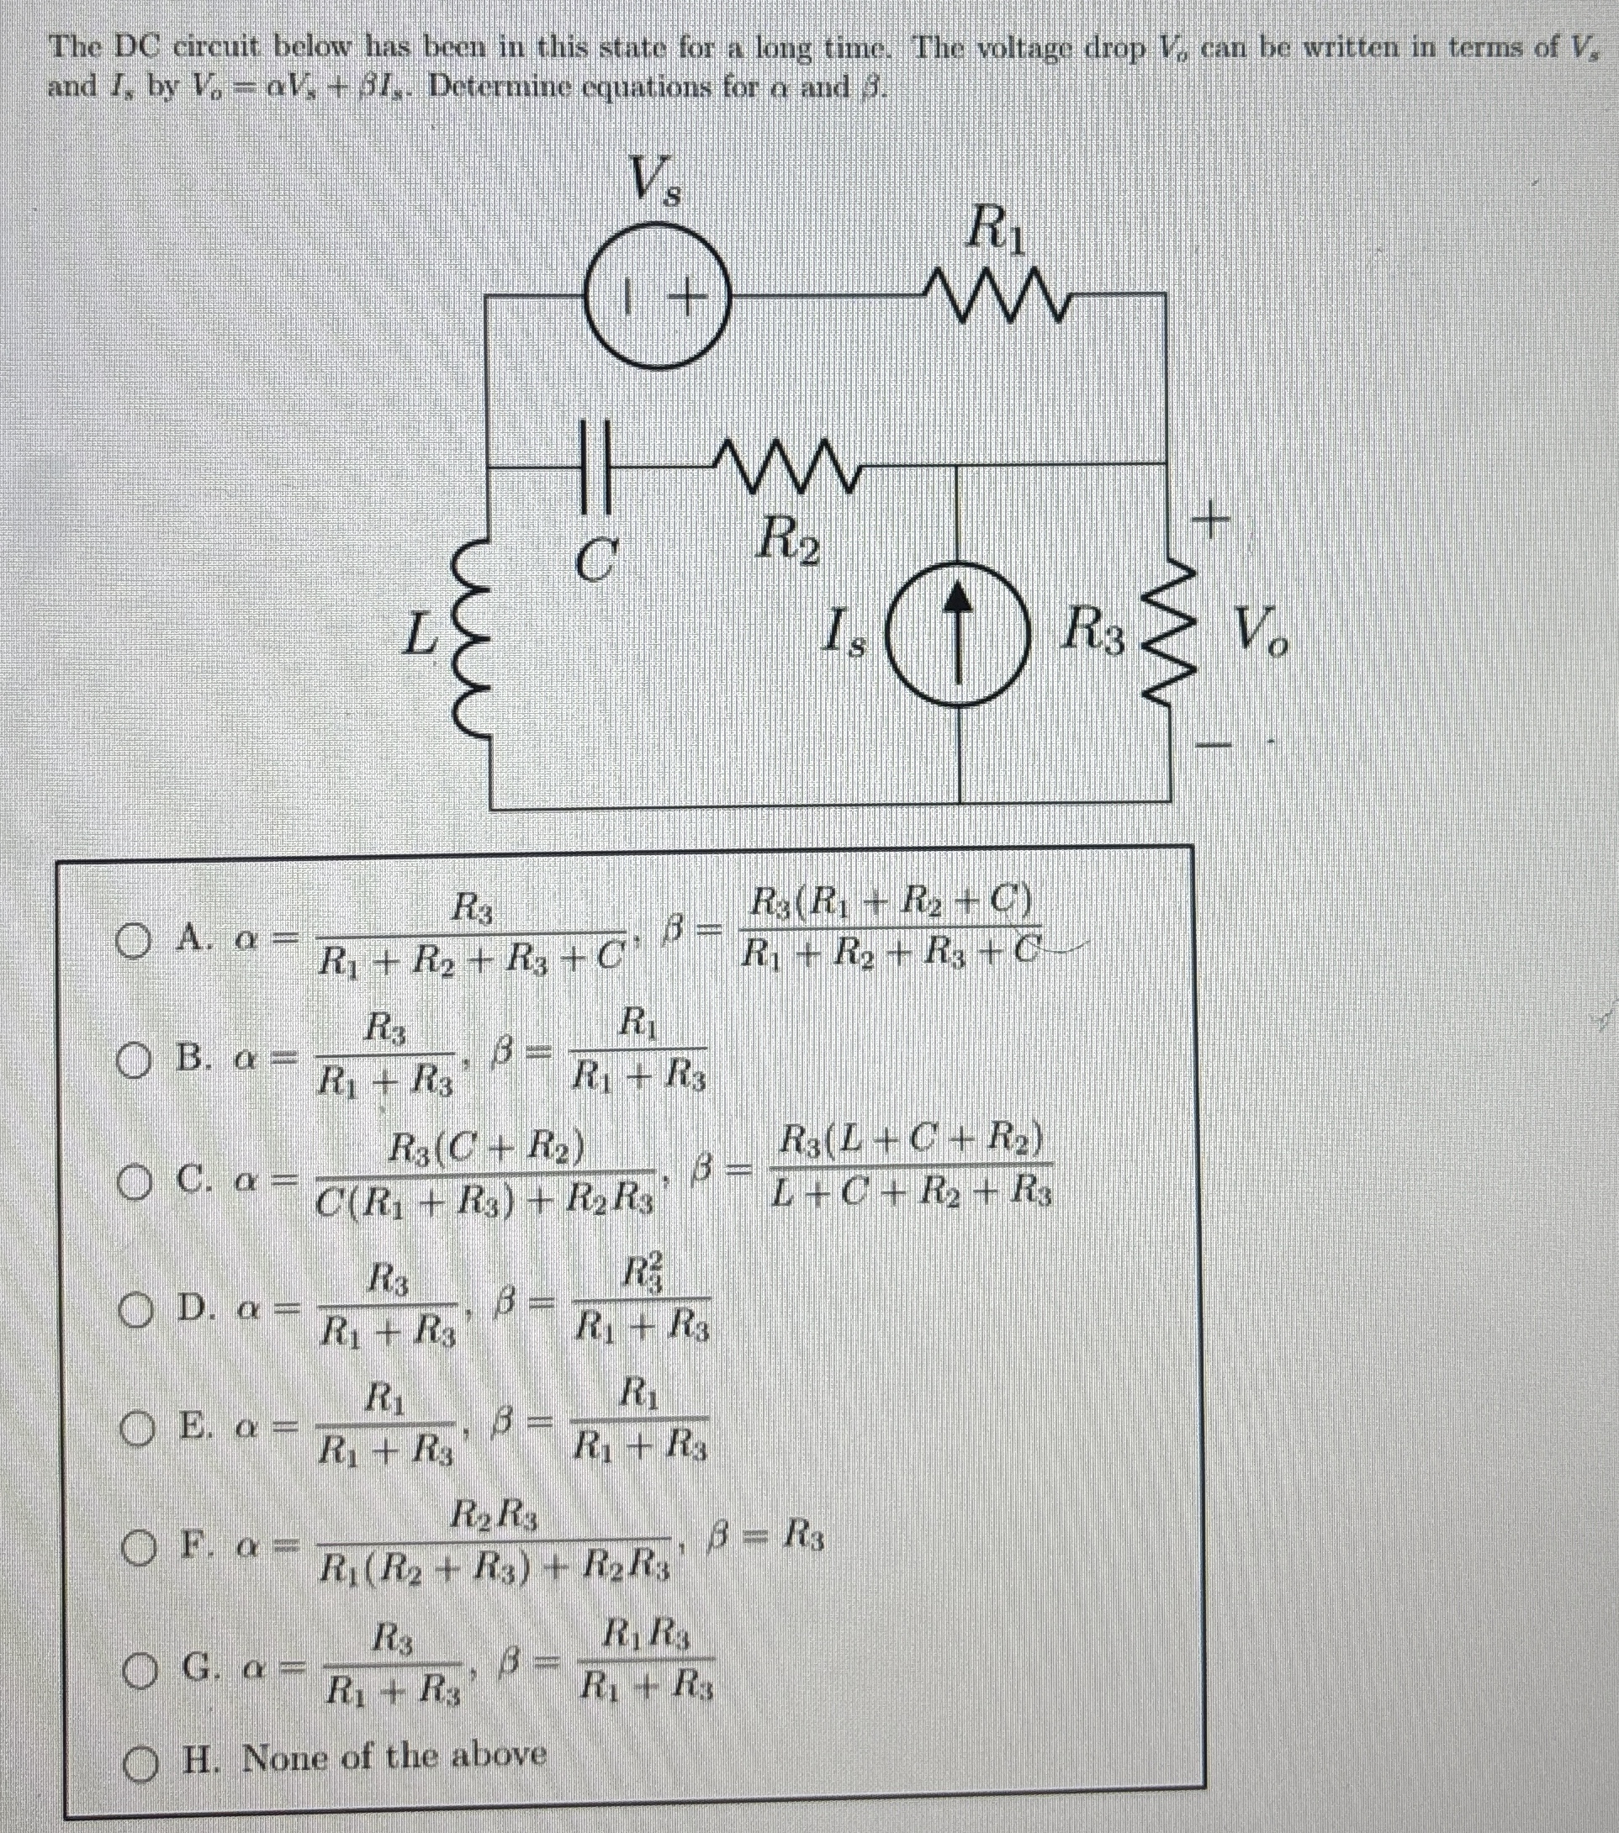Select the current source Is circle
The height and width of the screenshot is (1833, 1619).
click(959, 637)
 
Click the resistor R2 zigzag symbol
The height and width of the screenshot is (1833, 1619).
click(786, 463)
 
